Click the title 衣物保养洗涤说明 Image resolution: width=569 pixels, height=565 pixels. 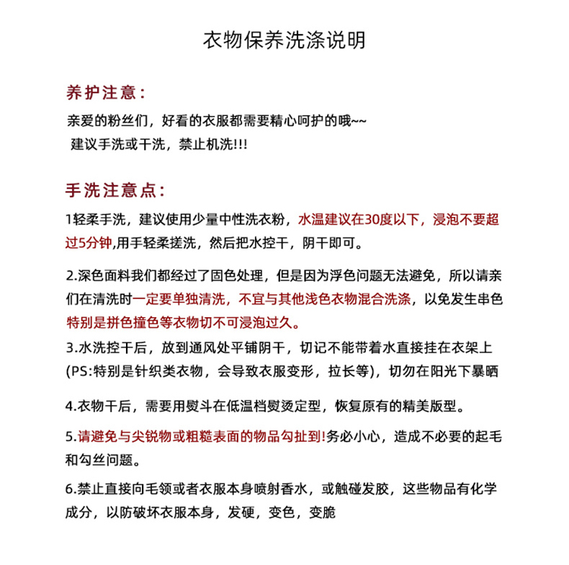284,40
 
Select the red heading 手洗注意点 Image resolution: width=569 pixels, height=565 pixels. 114,191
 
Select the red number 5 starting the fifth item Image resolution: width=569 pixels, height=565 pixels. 68,436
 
